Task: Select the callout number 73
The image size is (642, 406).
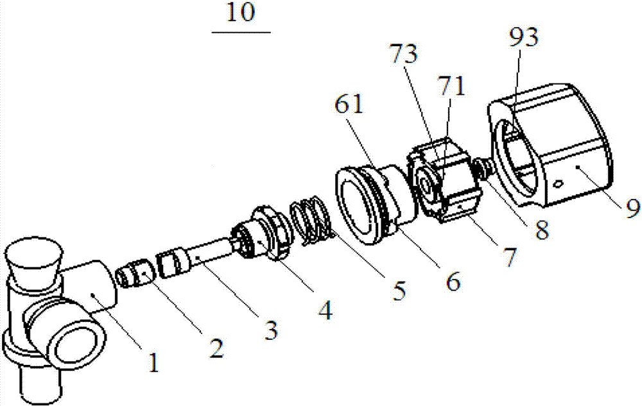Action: pos(404,54)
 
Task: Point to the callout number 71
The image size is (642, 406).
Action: pos(451,87)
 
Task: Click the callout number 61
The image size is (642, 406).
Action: pos(349,105)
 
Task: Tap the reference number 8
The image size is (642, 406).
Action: pos(541,230)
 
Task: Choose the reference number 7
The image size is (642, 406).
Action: pos(509,258)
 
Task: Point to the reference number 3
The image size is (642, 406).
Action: pos(271,330)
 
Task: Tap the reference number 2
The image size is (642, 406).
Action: pos(216,349)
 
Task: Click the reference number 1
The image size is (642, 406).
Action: pos(153,362)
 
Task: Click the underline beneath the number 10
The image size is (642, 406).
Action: pos(241,31)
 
